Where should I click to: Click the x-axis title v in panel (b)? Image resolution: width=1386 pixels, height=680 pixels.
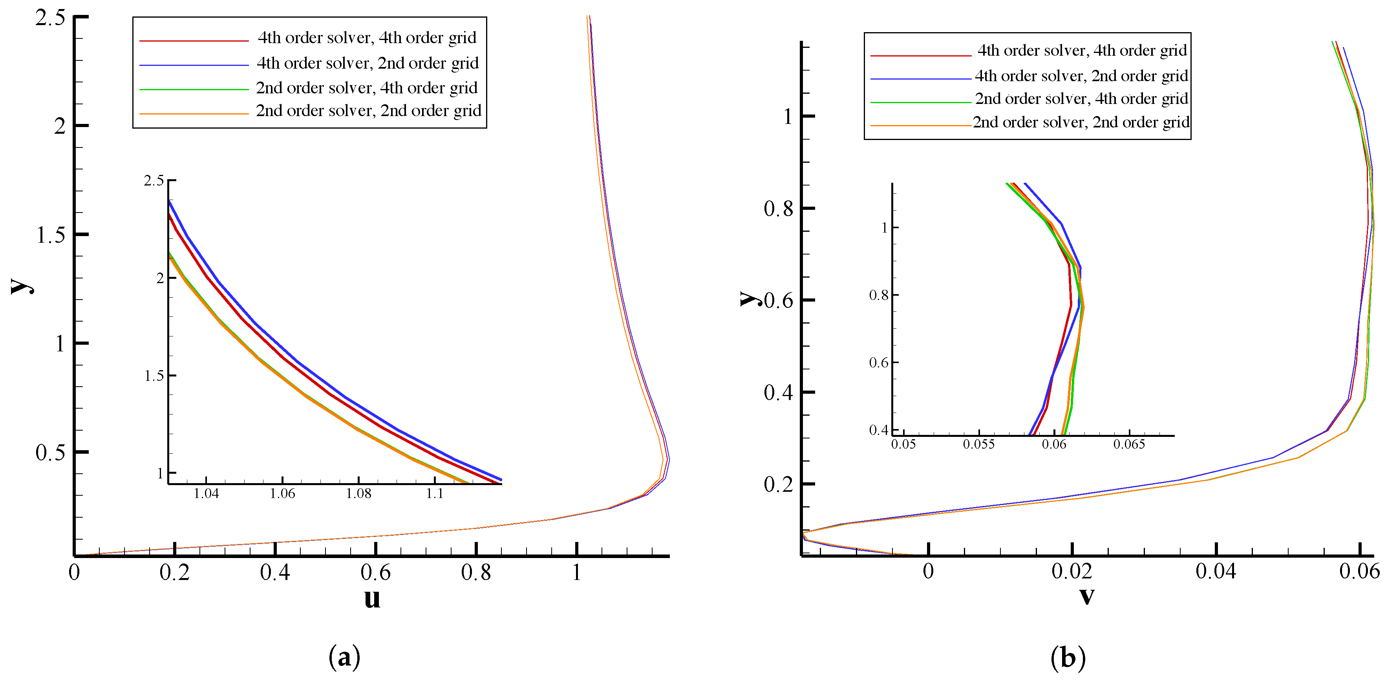click(x=1087, y=596)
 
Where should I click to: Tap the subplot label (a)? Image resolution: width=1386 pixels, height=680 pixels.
click(x=344, y=657)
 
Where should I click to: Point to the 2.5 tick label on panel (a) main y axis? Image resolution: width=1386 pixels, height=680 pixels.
click(x=50, y=18)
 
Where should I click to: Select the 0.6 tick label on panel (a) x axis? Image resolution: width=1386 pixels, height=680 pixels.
click(x=375, y=573)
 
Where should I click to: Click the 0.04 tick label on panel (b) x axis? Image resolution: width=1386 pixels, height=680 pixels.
click(x=1216, y=571)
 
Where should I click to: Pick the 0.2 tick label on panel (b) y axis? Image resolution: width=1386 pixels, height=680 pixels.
click(x=778, y=484)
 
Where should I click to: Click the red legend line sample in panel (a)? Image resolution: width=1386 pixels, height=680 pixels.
click(x=194, y=40)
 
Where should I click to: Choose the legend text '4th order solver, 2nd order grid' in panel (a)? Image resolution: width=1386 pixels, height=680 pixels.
click(x=368, y=63)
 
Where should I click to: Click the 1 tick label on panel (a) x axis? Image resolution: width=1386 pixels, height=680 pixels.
click(x=576, y=573)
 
